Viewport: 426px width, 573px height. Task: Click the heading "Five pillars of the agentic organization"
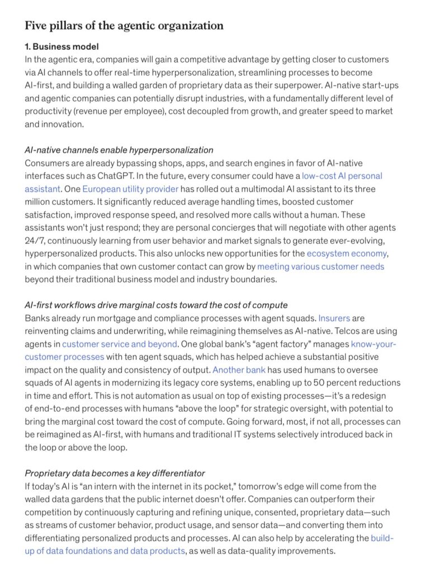point(124,26)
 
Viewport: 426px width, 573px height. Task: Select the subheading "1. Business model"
point(61,46)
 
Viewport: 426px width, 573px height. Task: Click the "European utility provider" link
point(130,189)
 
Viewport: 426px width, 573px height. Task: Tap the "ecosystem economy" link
point(347,253)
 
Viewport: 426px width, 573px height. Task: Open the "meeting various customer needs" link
point(320,266)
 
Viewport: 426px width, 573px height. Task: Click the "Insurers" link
point(333,318)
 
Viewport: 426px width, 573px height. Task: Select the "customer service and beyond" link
point(119,344)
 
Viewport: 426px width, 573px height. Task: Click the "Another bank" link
point(239,369)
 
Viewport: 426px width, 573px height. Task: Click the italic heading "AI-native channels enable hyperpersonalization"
point(119,150)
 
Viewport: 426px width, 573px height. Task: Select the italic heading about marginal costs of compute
point(156,305)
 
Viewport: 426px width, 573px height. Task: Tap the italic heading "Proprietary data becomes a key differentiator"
point(115,473)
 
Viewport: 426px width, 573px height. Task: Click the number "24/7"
point(35,240)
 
